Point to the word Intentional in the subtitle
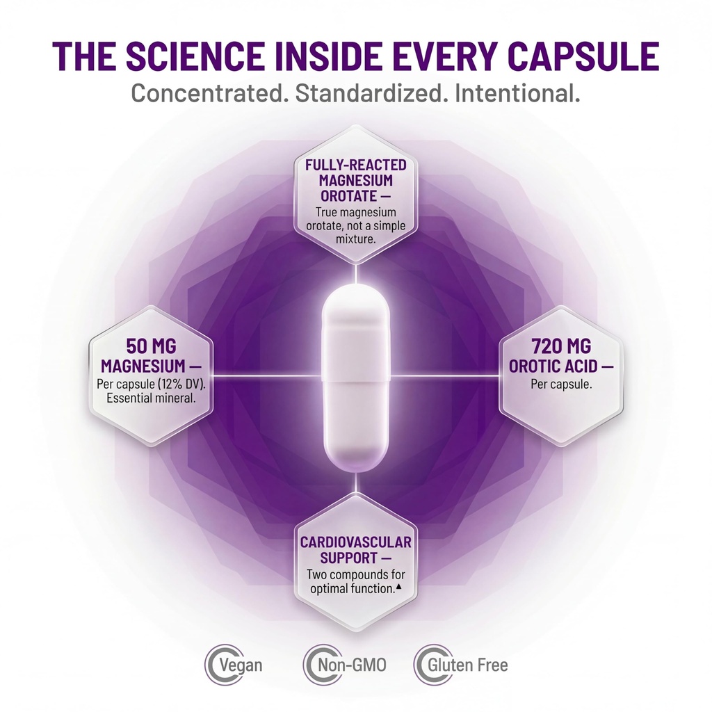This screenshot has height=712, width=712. coord(517,94)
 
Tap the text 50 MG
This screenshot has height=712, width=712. coord(151,346)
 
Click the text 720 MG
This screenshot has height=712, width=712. coord(561,346)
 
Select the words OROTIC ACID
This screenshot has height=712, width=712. coord(553,366)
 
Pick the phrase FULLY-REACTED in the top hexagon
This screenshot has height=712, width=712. coord(356,165)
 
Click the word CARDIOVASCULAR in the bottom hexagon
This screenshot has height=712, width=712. coord(356,542)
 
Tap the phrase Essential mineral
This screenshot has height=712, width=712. coord(151,398)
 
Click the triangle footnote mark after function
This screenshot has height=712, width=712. coord(398,586)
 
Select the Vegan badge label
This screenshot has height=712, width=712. coord(241,665)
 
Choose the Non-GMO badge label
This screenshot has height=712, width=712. coord(352,665)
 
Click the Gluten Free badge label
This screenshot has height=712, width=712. coord(468,665)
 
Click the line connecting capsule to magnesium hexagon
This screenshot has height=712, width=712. coord(268,376)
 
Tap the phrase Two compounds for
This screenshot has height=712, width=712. coord(356,574)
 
